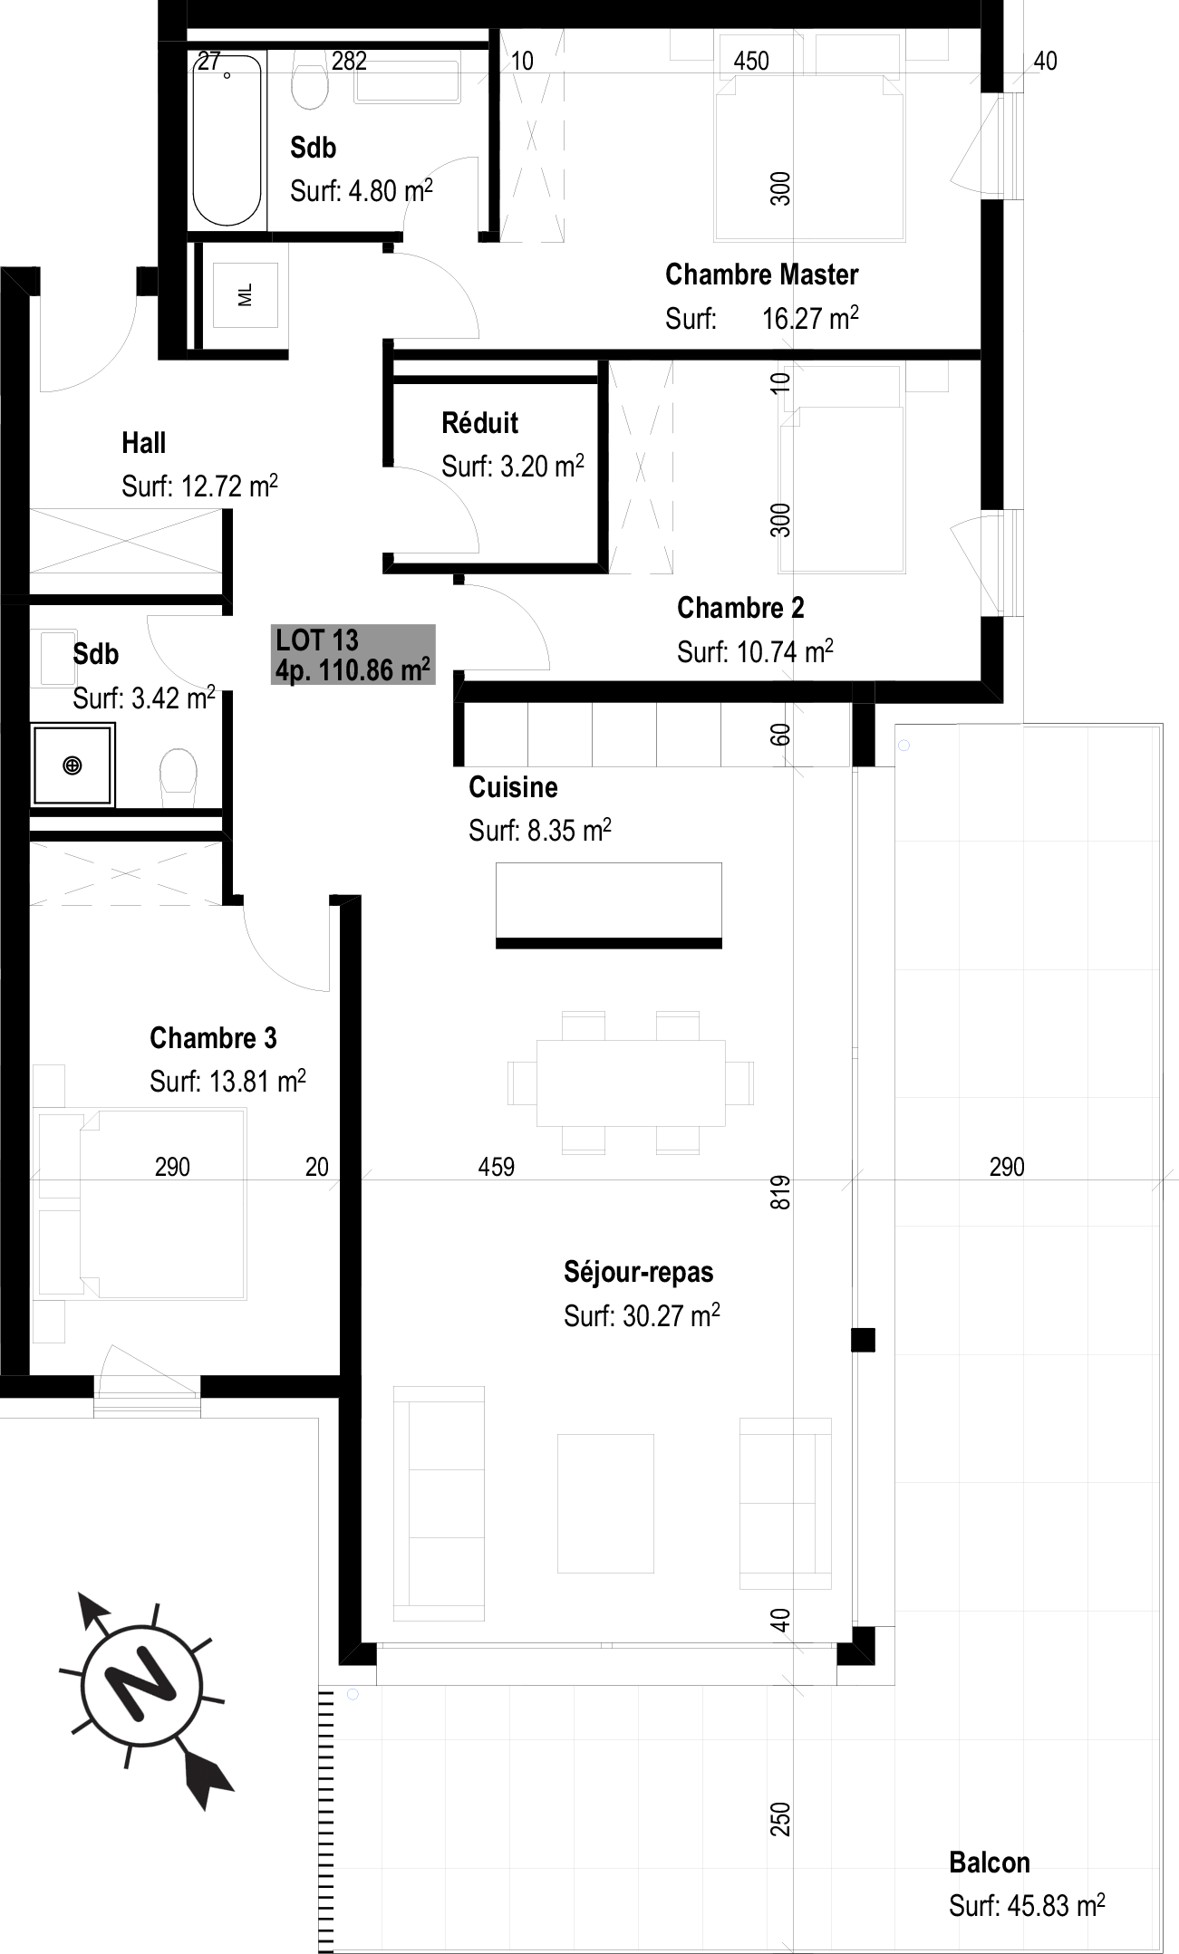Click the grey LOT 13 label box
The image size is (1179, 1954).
[353, 654]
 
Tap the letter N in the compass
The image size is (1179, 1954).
[142, 1682]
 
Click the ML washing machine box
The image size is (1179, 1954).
[245, 294]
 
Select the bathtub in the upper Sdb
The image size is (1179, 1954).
[227, 140]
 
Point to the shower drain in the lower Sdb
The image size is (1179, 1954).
[72, 765]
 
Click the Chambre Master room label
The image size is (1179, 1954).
[761, 274]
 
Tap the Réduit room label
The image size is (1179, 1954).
[479, 423]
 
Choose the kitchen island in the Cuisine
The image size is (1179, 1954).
[609, 905]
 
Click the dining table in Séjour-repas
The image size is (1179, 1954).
[631, 1083]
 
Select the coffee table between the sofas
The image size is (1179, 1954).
[605, 1503]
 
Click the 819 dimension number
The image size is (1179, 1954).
[781, 1192]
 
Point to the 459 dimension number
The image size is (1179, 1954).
[497, 1167]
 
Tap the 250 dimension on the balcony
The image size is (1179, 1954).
[781, 1819]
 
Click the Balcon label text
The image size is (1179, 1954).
[990, 1863]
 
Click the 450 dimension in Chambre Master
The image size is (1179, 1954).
[751, 61]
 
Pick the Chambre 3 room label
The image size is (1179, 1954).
[213, 1038]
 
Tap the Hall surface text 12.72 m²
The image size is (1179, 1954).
[229, 486]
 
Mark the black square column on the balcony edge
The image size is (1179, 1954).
[863, 1340]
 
